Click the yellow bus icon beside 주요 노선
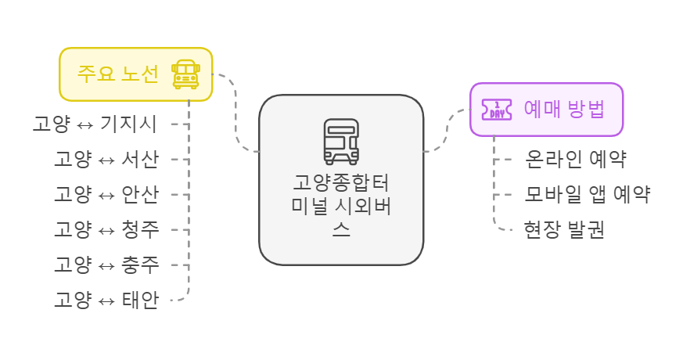tap(185, 74)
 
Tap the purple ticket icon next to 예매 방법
tap(496, 109)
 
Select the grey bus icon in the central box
tap(341, 142)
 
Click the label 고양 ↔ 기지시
tap(95, 124)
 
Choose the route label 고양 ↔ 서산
tap(106, 159)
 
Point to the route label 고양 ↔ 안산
tap(106, 194)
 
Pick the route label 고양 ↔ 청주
tap(106, 229)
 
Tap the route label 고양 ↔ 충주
tap(106, 265)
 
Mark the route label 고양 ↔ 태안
tap(106, 300)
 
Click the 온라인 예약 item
tap(576, 159)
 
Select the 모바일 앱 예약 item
tap(588, 194)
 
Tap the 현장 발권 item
tap(564, 230)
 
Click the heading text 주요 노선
tap(117, 74)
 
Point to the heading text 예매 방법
tap(563, 109)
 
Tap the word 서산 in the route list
tap(141, 159)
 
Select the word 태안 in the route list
tap(141, 300)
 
